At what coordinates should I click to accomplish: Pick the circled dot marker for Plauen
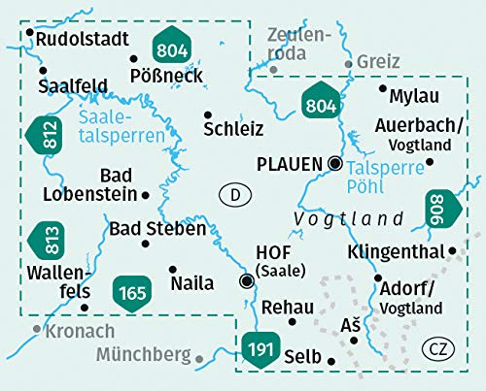pyautogui.click(x=335, y=163)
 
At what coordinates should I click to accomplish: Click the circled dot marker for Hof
pyautogui.click(x=247, y=281)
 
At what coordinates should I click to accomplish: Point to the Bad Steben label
pyautogui.click(x=157, y=229)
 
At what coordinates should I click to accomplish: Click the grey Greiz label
pyautogui.click(x=378, y=61)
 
